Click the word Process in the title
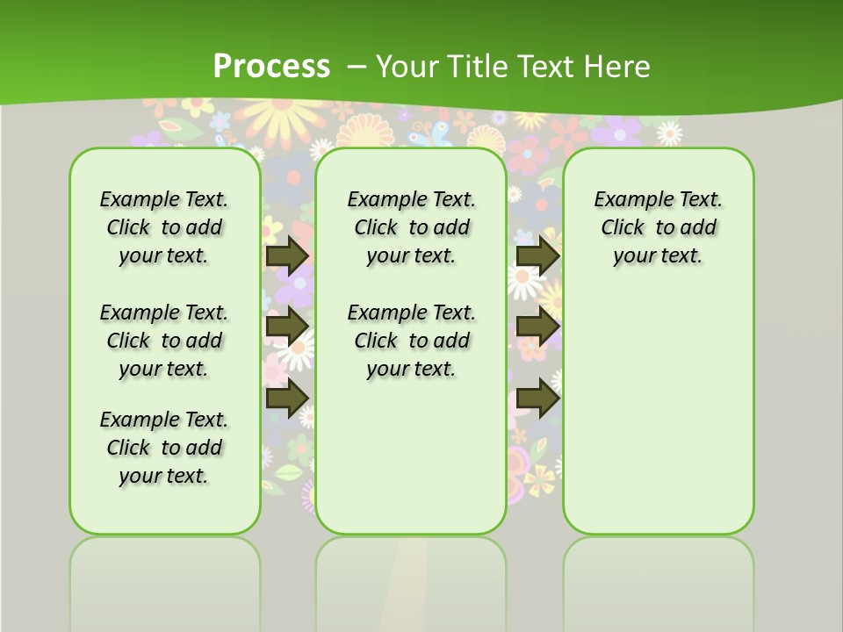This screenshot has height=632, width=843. pyautogui.click(x=271, y=66)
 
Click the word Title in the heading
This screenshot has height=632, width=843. pyautogui.click(x=479, y=67)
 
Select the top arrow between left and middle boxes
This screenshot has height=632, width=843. pyautogui.click(x=287, y=256)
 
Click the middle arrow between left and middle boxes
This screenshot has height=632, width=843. pyautogui.click(x=287, y=327)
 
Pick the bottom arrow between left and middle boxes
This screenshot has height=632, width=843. pyautogui.click(x=287, y=399)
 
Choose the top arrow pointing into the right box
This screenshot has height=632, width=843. pyautogui.click(x=537, y=256)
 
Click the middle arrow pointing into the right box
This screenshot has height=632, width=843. pyautogui.click(x=537, y=327)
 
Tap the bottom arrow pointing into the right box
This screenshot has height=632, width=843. pyautogui.click(x=537, y=399)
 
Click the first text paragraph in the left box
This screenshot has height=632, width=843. pyautogui.click(x=164, y=227)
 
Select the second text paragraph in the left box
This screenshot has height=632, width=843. pyautogui.click(x=164, y=341)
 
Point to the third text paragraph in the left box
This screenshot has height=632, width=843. pyautogui.click(x=164, y=448)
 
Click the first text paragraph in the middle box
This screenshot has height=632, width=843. pyautogui.click(x=412, y=227)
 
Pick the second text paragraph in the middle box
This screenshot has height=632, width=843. pyautogui.click(x=412, y=341)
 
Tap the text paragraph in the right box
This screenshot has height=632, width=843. pyautogui.click(x=659, y=227)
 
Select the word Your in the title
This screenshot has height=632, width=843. pyautogui.click(x=408, y=67)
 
